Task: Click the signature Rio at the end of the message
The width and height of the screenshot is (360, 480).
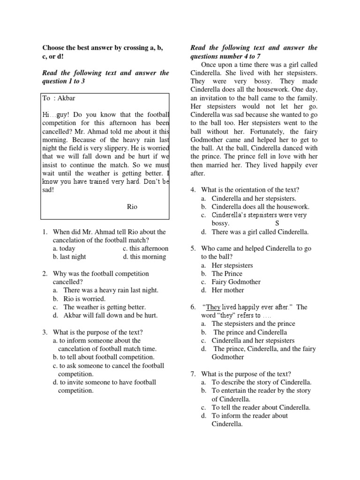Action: [x=132, y=207]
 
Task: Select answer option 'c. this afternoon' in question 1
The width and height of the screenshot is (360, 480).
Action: [x=145, y=248]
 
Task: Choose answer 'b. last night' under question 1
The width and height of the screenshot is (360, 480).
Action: [x=69, y=257]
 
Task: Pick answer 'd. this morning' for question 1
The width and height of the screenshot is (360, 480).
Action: [x=144, y=257]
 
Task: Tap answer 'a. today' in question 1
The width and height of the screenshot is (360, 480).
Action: [x=64, y=248]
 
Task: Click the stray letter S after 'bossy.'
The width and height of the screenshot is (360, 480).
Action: [x=277, y=224]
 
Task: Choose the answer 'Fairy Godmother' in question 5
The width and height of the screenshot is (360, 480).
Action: [x=236, y=282]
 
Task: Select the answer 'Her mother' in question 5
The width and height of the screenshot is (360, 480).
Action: [x=228, y=290]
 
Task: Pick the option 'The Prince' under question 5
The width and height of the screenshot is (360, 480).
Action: [x=227, y=273]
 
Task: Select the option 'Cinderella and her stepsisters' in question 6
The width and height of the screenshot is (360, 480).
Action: [x=253, y=340]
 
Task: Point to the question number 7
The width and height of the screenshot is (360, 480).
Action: [x=193, y=374]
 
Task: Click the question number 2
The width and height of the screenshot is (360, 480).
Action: [x=45, y=274]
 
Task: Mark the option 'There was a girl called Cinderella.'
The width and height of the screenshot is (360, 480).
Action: [x=260, y=232]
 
